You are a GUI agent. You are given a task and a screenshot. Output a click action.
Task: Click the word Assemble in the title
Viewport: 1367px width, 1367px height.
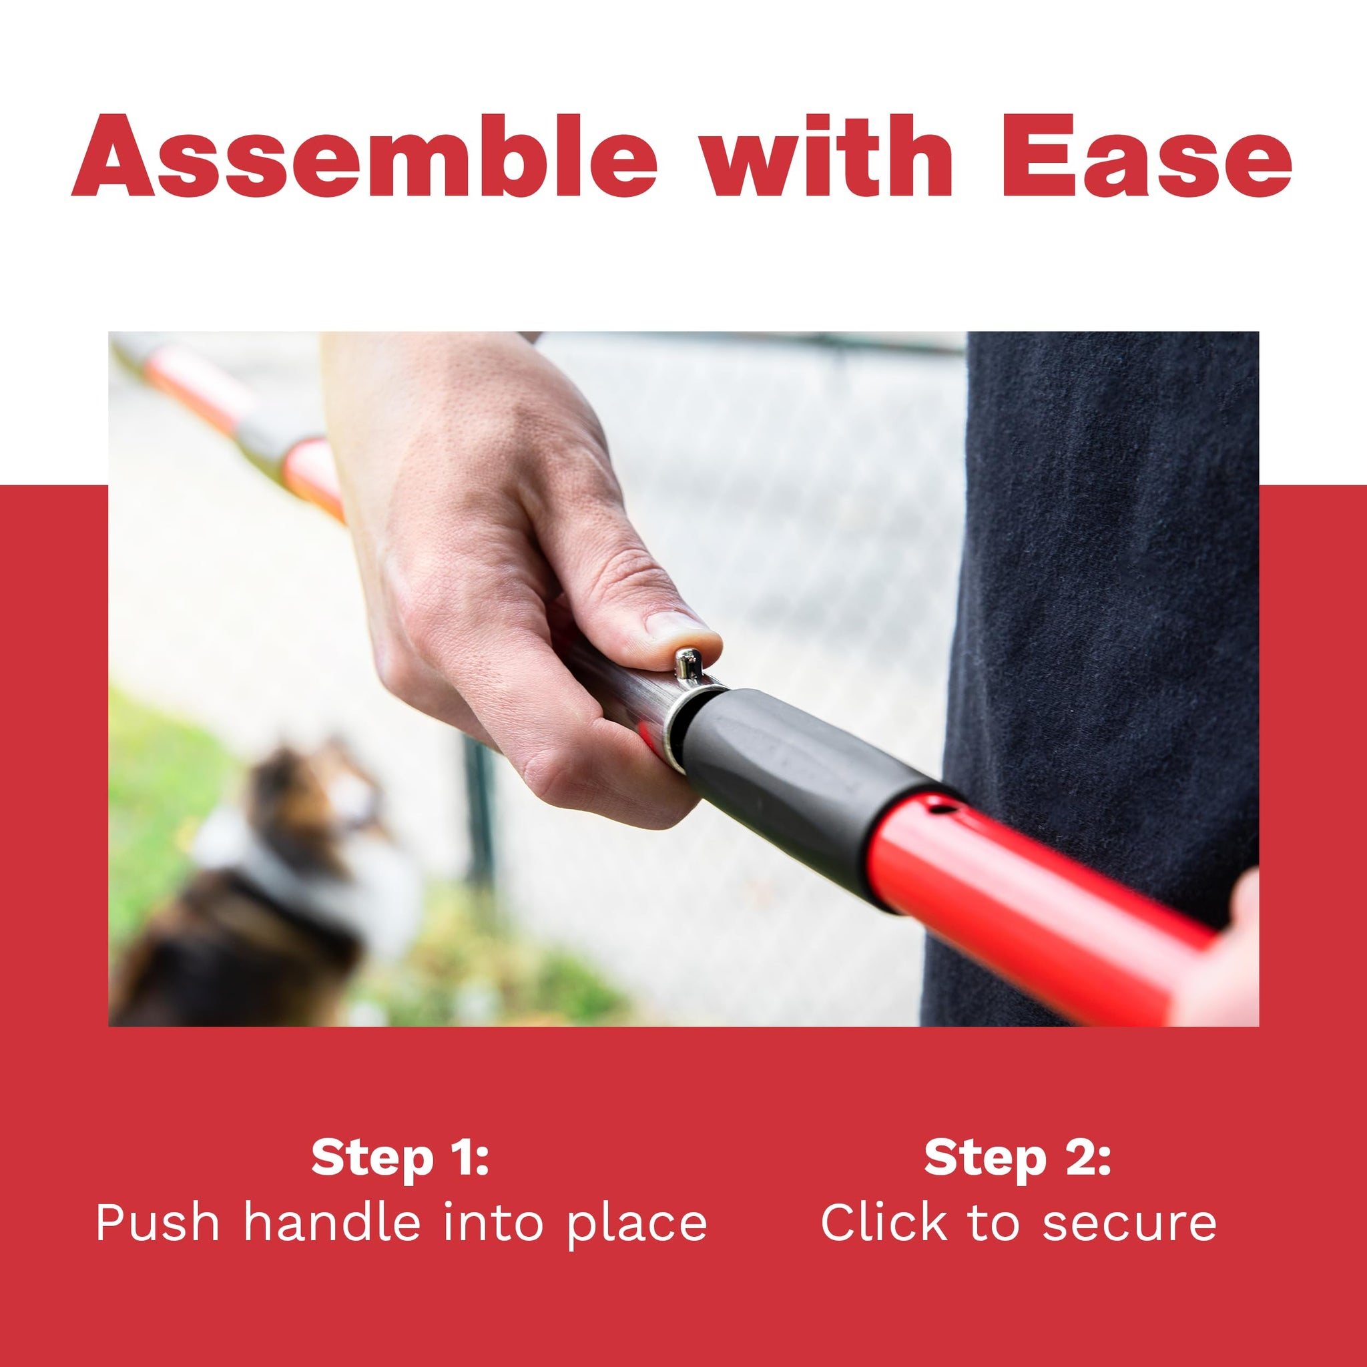pyautogui.click(x=364, y=155)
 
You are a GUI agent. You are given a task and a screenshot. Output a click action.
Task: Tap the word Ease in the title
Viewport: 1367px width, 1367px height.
pyautogui.click(x=1146, y=155)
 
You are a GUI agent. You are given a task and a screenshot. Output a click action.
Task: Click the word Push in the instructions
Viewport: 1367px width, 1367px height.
pyautogui.click(x=157, y=1223)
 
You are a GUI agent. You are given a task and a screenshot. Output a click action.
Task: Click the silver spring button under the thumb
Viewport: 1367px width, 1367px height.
pyautogui.click(x=685, y=664)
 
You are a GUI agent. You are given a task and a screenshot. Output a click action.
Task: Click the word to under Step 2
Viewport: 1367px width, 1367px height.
pyautogui.click(x=993, y=1221)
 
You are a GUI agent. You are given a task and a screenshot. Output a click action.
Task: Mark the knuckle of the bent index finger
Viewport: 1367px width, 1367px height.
pyautogui.click(x=559, y=768)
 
